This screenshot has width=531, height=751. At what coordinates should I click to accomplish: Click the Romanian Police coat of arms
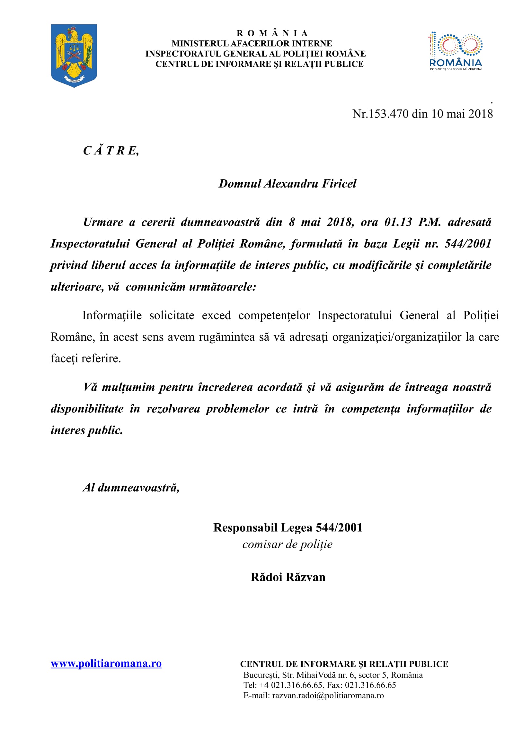(74, 55)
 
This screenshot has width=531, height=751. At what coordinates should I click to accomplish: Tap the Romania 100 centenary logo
(456, 51)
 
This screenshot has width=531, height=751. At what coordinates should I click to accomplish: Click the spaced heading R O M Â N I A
(272, 33)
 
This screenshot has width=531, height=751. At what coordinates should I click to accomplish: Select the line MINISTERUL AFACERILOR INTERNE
(252, 43)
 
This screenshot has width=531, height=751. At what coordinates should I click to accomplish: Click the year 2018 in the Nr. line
(480, 114)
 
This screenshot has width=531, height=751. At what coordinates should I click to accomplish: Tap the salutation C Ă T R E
(111, 151)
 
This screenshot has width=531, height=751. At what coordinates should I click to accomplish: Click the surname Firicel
(339, 184)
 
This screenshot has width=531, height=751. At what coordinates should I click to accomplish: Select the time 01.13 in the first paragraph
(398, 222)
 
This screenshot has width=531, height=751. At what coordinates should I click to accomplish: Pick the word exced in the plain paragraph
(216, 315)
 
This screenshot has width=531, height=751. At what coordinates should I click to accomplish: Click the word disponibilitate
(87, 409)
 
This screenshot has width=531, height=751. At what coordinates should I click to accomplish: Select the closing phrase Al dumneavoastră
(131, 488)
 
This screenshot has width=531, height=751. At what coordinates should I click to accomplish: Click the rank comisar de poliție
(287, 544)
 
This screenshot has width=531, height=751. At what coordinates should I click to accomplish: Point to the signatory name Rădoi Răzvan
(288, 577)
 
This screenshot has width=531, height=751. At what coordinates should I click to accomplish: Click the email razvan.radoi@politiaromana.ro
(328, 695)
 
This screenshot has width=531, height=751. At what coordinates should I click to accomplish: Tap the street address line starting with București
(333, 675)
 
